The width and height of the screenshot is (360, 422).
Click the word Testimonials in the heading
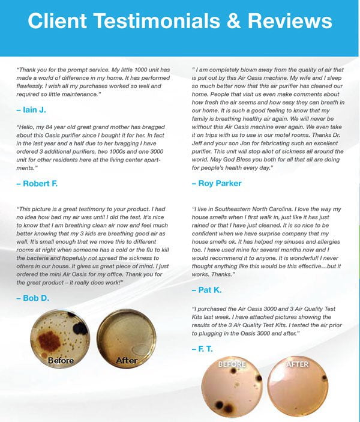click(x=155, y=22)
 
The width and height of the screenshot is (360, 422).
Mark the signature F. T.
click(x=205, y=348)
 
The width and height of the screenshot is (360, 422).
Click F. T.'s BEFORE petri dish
click(x=232, y=390)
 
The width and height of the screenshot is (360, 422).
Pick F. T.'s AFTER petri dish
click(x=298, y=390)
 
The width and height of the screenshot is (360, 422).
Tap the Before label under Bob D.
click(x=61, y=360)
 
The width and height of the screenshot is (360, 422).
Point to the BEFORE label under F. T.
click(x=232, y=364)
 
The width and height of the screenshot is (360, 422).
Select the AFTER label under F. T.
click(x=298, y=364)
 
